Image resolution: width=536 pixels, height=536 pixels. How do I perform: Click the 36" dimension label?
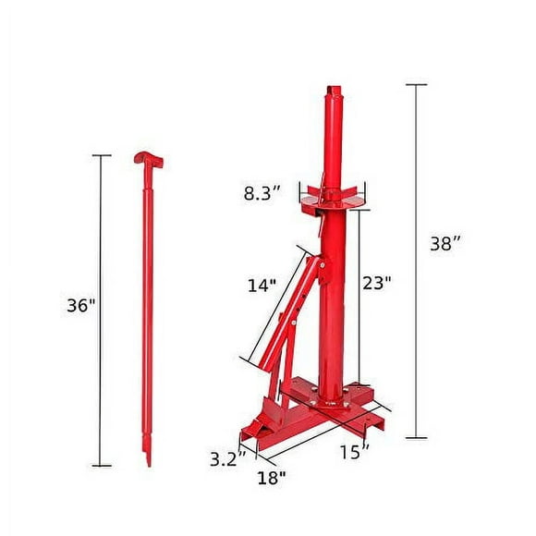pos(81,305)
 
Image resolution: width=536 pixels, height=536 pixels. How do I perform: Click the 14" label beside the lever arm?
pos(262,286)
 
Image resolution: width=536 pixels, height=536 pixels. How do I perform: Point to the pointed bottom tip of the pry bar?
pos(146,459)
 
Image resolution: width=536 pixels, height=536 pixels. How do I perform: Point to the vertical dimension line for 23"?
pos(359,296)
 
